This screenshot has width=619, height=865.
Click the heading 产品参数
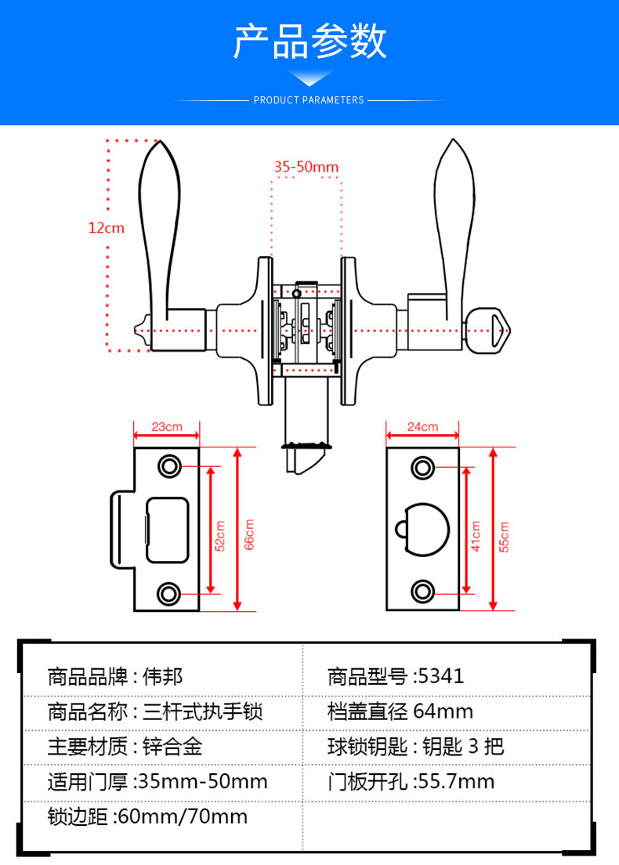pos(309,42)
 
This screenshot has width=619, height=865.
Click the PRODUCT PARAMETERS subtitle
pos(309,100)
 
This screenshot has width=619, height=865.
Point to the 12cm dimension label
pos(106,228)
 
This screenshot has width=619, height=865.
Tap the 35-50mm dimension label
pos(306,166)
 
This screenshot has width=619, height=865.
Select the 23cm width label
pos(166,427)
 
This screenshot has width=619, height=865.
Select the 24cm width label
pos(422,427)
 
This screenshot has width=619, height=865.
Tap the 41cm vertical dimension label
pos(476,536)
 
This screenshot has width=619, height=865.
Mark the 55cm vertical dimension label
pos(504,536)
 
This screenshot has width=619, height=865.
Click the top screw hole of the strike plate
pos(168,466)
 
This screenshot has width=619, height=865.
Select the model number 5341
pos(442,676)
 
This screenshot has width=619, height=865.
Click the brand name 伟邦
pos(163,676)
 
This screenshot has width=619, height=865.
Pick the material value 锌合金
pos(172,746)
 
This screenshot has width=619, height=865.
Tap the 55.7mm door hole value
pos(457,781)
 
